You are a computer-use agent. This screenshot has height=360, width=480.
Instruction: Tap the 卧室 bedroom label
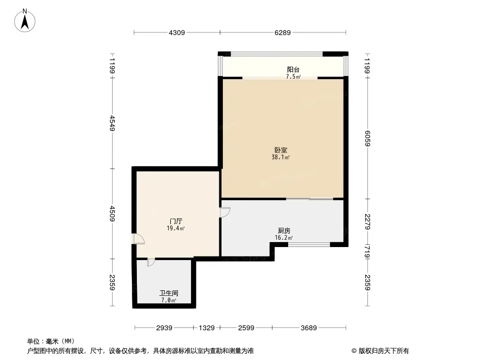[x=281, y=150]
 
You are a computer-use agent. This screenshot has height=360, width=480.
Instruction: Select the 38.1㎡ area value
[x=281, y=157]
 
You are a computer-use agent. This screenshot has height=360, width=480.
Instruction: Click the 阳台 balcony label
[x=293, y=69]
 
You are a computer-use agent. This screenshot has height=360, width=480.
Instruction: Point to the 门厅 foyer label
[x=176, y=221]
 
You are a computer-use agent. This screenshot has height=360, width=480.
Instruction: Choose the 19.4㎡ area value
[x=176, y=229]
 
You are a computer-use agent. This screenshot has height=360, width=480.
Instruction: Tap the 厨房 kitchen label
[x=284, y=230]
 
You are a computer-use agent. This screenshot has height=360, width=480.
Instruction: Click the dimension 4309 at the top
[x=177, y=32]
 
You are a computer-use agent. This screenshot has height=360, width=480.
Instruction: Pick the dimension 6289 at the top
[x=283, y=32]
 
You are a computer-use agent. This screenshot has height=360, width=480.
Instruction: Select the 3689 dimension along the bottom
[x=309, y=328]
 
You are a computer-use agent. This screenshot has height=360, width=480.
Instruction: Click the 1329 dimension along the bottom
[x=207, y=328]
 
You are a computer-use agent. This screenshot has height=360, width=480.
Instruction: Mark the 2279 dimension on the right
[x=368, y=221]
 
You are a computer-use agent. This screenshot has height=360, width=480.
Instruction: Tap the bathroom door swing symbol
[x=151, y=261]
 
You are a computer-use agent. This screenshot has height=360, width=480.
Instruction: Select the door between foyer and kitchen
[x=225, y=212]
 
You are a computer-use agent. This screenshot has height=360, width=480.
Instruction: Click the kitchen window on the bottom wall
[x=309, y=244]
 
